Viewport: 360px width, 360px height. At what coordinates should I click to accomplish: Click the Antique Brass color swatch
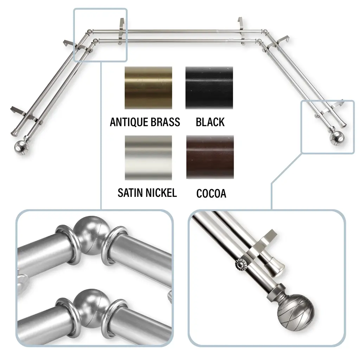(x=148, y=88)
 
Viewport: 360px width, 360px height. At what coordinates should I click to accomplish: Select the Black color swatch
(x=209, y=88)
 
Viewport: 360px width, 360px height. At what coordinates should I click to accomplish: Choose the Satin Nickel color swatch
(x=148, y=158)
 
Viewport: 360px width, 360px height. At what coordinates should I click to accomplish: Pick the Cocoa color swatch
(x=210, y=157)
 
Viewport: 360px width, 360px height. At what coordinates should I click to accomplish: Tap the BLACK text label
(x=210, y=122)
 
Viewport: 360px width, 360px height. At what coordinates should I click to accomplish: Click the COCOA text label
(x=211, y=194)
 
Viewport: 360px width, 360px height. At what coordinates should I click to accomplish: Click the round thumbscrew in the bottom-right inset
(x=240, y=264)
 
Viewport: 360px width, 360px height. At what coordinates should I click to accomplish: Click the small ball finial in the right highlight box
(x=337, y=137)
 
